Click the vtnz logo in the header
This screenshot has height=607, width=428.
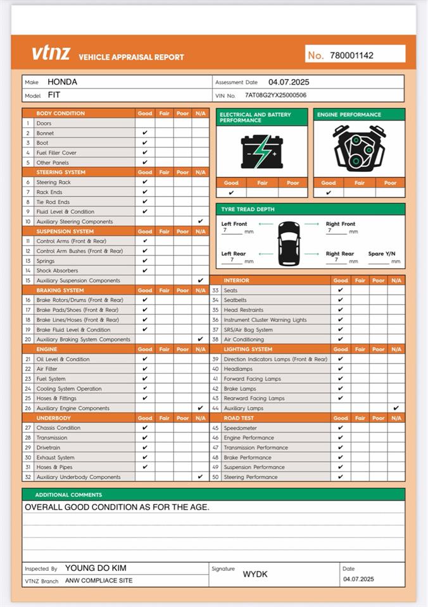[51, 53]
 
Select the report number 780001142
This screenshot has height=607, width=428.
[351, 55]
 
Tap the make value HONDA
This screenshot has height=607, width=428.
[63, 82]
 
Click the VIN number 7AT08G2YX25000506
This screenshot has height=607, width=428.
[275, 95]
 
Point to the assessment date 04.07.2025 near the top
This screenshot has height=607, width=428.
[289, 82]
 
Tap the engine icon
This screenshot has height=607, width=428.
[358, 150]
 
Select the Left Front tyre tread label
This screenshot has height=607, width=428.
[234, 224]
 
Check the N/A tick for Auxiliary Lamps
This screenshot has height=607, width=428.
[396, 408]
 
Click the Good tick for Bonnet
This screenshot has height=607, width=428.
[145, 133]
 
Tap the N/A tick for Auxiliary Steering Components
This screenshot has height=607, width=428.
[200, 221]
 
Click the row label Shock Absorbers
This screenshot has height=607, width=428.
[56, 271]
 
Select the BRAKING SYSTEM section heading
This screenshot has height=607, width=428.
[60, 290]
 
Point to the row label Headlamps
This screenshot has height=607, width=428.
[237, 369]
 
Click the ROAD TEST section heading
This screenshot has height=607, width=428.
[239, 418]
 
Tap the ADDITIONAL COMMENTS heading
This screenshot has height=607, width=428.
[68, 494]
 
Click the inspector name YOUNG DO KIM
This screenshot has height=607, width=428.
[96, 568]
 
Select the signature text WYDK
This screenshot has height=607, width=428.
[255, 574]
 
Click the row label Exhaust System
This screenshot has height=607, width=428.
[55, 457]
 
